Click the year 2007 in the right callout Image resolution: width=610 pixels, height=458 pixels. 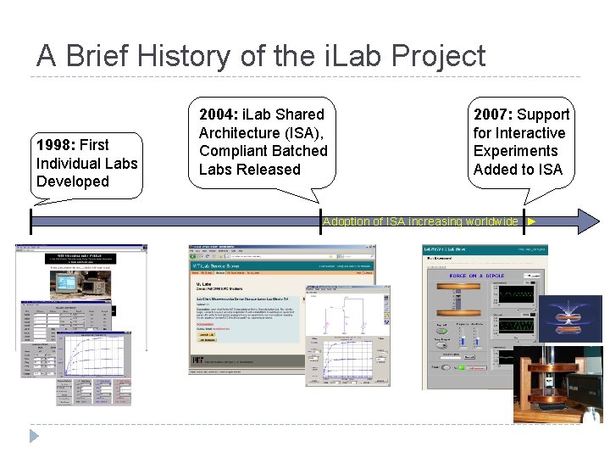pos(492,114)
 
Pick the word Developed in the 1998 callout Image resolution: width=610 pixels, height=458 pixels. pos(73,182)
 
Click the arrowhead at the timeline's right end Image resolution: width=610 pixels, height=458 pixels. pos(588,221)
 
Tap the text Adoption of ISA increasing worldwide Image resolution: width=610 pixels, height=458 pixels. pos(420,221)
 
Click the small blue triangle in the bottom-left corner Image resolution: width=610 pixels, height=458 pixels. pos(34,436)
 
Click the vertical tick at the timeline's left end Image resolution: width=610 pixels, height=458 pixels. pos(30,221)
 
